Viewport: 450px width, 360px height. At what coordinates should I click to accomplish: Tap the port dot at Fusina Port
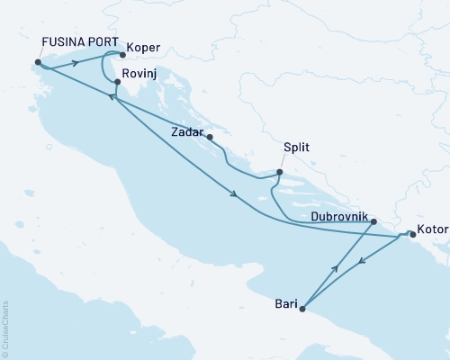click(37, 63)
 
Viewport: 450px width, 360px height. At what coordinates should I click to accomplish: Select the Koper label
click(144, 48)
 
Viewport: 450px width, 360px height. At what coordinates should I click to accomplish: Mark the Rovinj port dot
click(117, 82)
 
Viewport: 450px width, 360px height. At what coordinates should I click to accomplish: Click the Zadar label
click(187, 131)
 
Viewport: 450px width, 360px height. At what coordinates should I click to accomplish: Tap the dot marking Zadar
click(210, 138)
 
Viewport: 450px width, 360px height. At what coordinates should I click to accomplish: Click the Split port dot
click(279, 173)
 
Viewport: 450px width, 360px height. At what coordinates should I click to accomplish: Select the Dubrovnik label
click(338, 217)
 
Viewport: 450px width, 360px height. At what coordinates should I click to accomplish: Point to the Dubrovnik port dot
click(373, 220)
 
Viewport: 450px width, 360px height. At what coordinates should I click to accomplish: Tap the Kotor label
click(434, 229)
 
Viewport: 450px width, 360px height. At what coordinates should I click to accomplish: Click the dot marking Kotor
click(412, 233)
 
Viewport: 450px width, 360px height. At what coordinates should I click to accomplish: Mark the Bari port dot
click(302, 310)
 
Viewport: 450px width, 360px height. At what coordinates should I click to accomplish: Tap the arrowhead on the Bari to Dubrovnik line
click(337, 267)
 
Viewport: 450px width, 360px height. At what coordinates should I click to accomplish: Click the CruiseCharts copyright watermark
click(5, 328)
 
